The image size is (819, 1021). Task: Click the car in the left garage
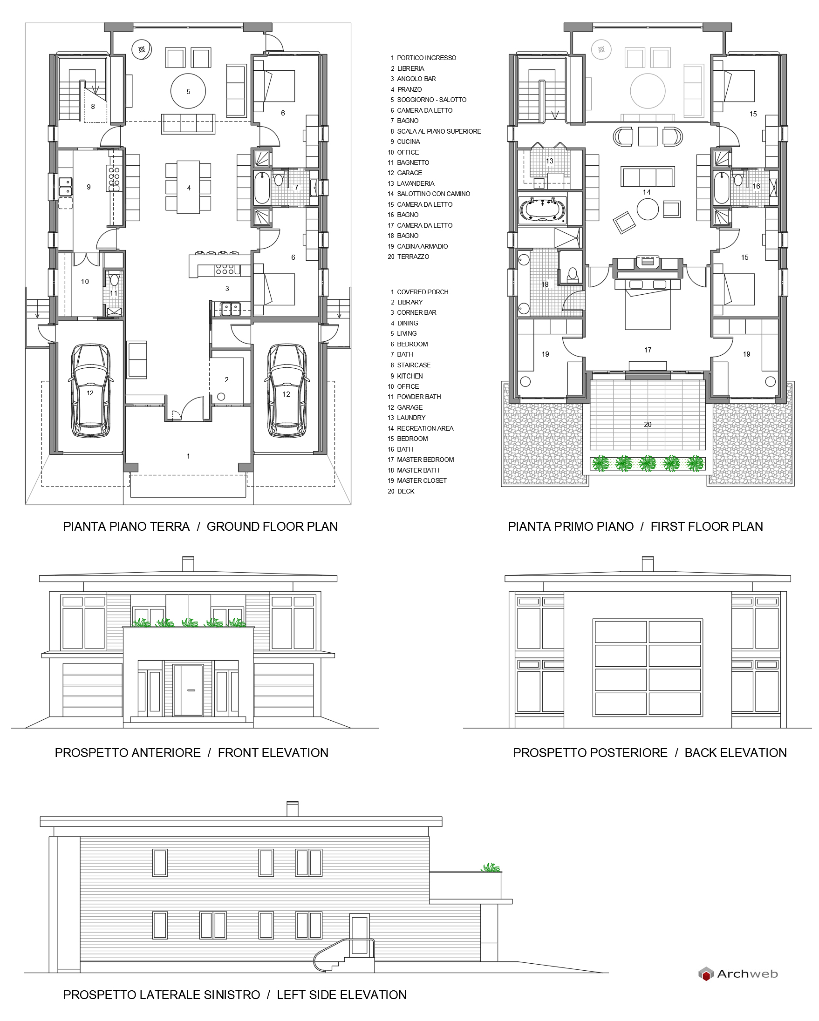pyautogui.click(x=90, y=391)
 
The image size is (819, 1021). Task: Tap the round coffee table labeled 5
pyautogui.click(x=188, y=91)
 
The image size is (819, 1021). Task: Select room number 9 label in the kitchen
pyautogui.click(x=89, y=187)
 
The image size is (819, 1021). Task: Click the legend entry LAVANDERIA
pyautogui.click(x=415, y=183)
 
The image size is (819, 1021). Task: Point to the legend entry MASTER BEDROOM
pyautogui.click(x=425, y=460)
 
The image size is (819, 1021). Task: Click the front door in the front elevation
pyautogui.click(x=188, y=690)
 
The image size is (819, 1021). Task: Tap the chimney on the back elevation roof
pyautogui.click(x=648, y=563)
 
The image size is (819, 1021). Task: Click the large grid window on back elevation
pyautogui.click(x=648, y=667)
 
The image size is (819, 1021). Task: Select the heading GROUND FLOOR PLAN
pyautogui.click(x=272, y=527)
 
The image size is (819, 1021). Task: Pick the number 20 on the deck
pyautogui.click(x=648, y=424)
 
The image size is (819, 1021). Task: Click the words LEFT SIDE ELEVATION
pyautogui.click(x=342, y=995)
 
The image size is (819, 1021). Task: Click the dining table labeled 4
pyautogui.click(x=189, y=188)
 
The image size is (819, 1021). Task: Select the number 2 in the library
pyautogui.click(x=226, y=379)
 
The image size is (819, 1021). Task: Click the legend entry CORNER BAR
pyautogui.click(x=416, y=312)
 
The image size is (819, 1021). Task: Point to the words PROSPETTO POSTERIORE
pyautogui.click(x=590, y=753)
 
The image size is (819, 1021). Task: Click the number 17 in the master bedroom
pyautogui.click(x=648, y=350)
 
